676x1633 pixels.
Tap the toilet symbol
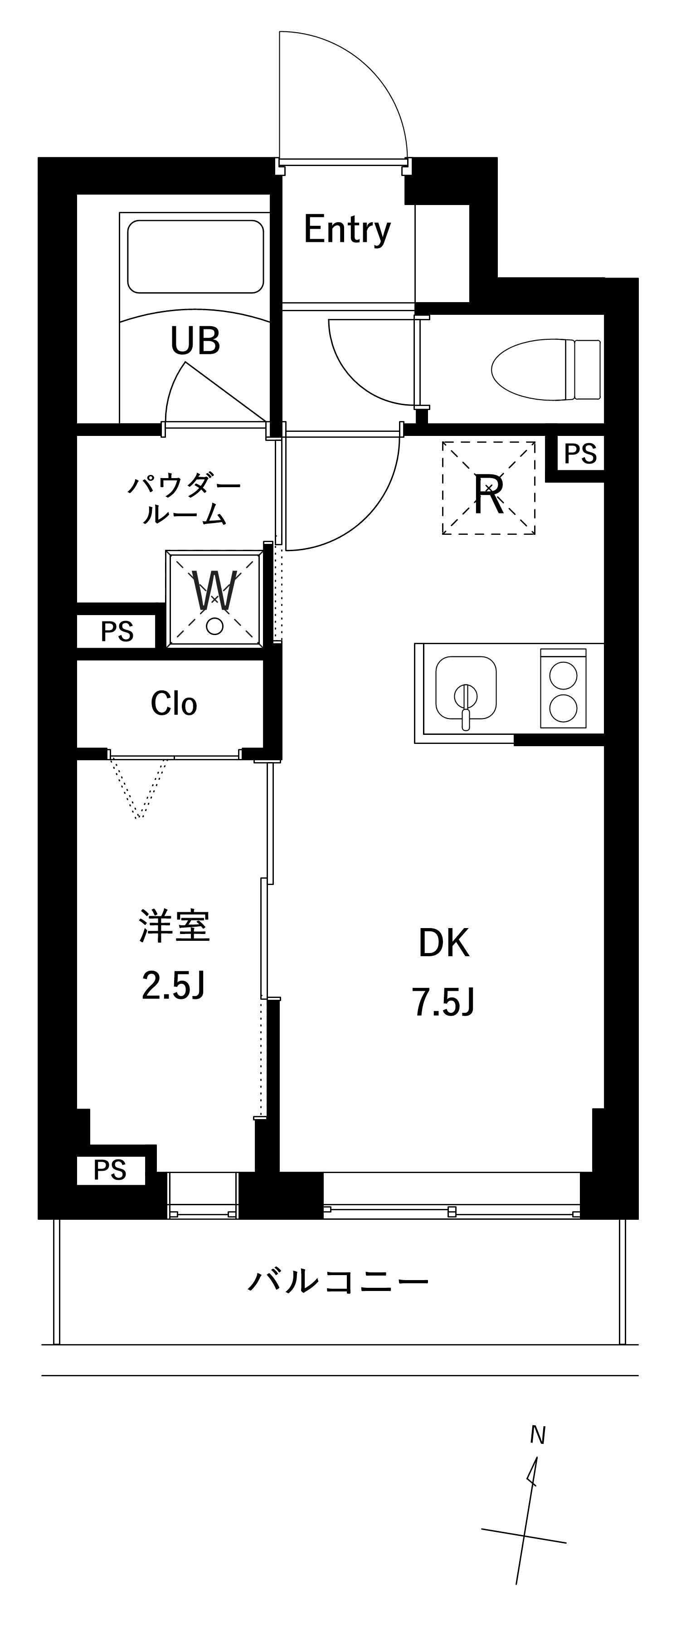point(545,370)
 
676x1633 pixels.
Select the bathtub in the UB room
point(195,256)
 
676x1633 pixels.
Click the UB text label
point(195,341)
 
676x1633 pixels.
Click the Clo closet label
point(174,704)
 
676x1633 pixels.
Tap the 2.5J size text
point(173,985)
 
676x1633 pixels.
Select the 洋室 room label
point(174,926)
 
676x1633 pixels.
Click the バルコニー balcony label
point(338,1281)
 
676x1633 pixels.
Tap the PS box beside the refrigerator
point(580,454)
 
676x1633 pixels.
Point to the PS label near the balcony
point(110,1170)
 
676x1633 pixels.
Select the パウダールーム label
point(184,500)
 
